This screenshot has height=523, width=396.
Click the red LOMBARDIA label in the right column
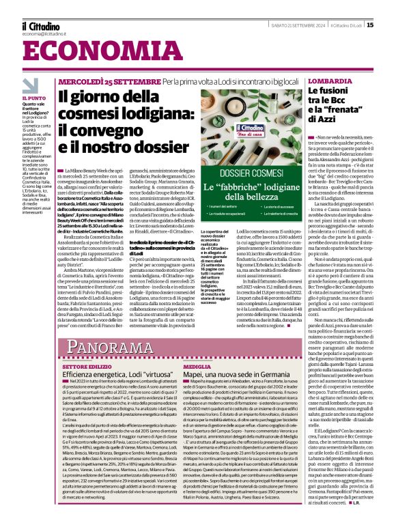[311, 81]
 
